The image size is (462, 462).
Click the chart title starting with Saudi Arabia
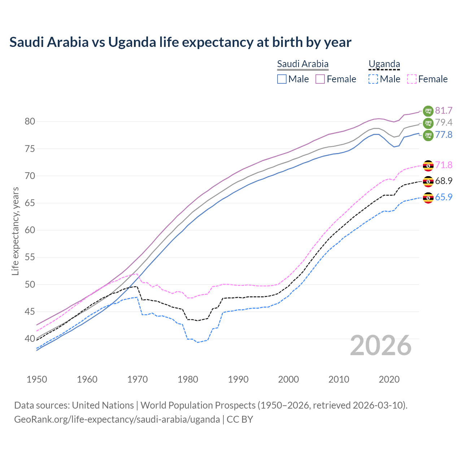click(x=180, y=42)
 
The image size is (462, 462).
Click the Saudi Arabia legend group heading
click(x=302, y=64)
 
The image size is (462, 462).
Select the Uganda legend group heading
click(x=384, y=64)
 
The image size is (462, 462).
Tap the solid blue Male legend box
click(x=282, y=79)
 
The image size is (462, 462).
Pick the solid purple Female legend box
click(x=320, y=79)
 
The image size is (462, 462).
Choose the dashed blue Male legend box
click(x=373, y=79)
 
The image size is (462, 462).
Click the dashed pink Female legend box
click(x=412, y=79)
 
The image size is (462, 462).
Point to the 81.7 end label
click(x=444, y=110)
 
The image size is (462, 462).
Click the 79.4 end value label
click(x=444, y=123)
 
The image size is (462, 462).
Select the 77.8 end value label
click(x=444, y=135)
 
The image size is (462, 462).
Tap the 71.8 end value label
click(x=444, y=165)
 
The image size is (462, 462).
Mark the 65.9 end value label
click(x=444, y=197)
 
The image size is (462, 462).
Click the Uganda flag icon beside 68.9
click(x=428, y=181)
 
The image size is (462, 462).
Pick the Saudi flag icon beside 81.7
click(x=428, y=110)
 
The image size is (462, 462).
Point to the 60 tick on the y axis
click(x=30, y=230)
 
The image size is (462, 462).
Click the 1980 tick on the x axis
click(x=188, y=379)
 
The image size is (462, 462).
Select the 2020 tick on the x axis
click(x=389, y=379)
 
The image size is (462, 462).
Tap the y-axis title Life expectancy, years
click(x=15, y=231)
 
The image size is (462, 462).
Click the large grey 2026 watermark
click(x=380, y=346)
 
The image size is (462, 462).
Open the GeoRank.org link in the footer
click(x=117, y=419)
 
